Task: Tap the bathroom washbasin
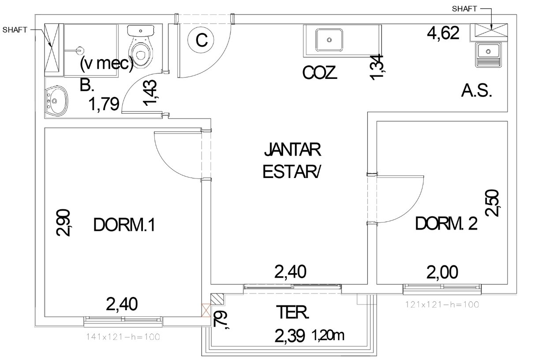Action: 56,101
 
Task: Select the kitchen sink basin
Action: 329,40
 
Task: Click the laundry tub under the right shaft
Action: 488,55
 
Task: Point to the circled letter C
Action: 201,40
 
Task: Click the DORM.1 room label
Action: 124,225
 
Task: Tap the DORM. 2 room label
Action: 446,223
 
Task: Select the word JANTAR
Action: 292,149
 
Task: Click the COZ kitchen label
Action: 319,73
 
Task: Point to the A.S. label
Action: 476,91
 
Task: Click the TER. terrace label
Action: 292,312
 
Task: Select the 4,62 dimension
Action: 443,33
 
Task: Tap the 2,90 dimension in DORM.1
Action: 63,223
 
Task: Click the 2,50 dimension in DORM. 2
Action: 493,203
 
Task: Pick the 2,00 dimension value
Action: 442,272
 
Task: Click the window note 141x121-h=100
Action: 123,337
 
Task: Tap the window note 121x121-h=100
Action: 442,304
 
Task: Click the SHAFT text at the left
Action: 15,30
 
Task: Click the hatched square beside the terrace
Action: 217,299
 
